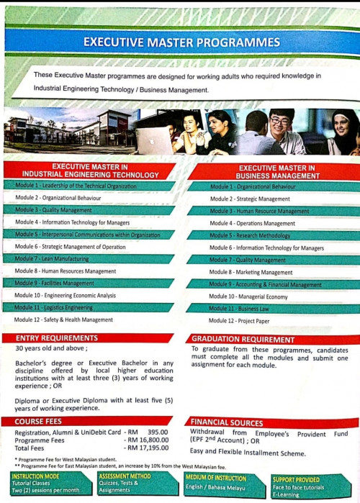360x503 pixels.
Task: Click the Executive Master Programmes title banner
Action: (x=181, y=42)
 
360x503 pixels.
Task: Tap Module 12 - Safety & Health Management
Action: (x=63, y=320)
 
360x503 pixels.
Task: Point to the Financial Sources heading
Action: (x=230, y=422)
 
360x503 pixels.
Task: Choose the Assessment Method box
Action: (x=135, y=484)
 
